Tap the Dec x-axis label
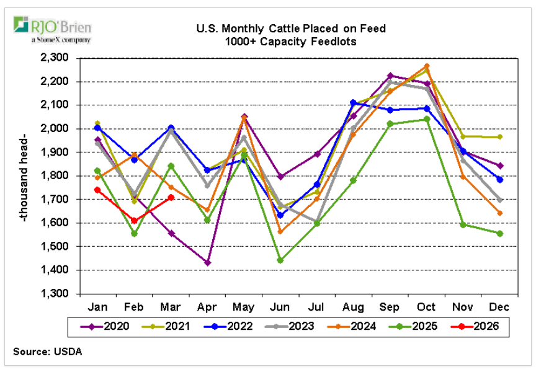(x=500, y=306)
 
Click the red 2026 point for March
(x=171, y=198)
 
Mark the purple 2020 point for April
(x=207, y=263)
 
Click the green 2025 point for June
(x=280, y=260)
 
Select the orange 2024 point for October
(x=427, y=66)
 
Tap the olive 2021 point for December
(x=500, y=137)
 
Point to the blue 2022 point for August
(x=354, y=102)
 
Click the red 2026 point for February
(x=134, y=220)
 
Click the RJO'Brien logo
(x=52, y=29)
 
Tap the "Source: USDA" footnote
(x=47, y=352)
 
